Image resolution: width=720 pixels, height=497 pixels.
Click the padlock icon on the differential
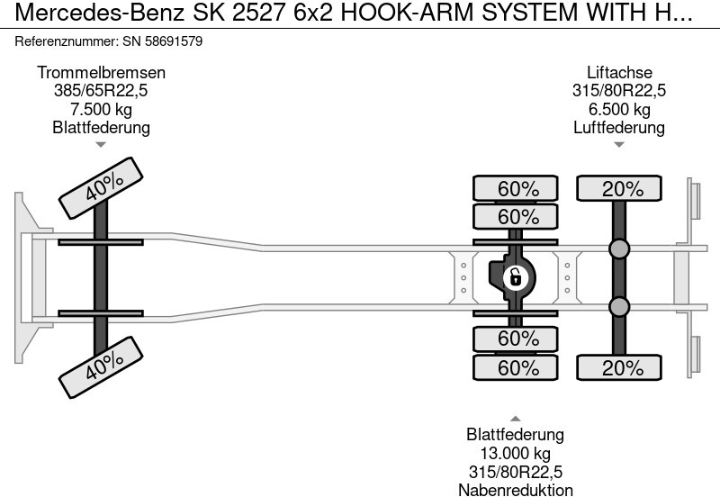pos(516,277)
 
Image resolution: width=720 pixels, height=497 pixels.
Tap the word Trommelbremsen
pos(101,73)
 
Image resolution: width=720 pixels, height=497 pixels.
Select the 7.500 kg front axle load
pos(101,109)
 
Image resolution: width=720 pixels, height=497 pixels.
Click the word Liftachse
pos(619,73)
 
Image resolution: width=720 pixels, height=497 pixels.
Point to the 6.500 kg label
pos(619,109)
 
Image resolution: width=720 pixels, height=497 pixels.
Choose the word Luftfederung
pos(619,127)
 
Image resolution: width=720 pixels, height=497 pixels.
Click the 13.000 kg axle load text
pos(516,454)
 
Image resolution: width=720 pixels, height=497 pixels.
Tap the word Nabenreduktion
pos(516,490)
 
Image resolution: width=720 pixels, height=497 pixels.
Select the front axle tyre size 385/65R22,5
pos(101,91)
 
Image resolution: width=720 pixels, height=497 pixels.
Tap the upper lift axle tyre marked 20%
pos(619,189)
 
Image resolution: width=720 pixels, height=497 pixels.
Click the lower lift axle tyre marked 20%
pos(619,367)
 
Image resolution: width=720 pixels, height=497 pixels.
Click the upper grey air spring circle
pos(619,249)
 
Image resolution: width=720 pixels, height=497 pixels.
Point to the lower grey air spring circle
pos(619,308)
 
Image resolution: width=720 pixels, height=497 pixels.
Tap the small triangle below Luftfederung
pos(619,144)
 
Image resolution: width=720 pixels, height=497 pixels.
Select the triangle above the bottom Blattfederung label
pos(516,418)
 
